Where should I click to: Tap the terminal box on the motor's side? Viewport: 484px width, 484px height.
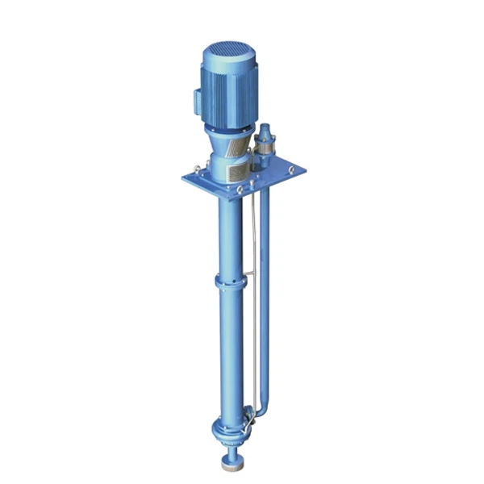coord(198,100)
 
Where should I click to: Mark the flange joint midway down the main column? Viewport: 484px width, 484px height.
coord(228,282)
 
